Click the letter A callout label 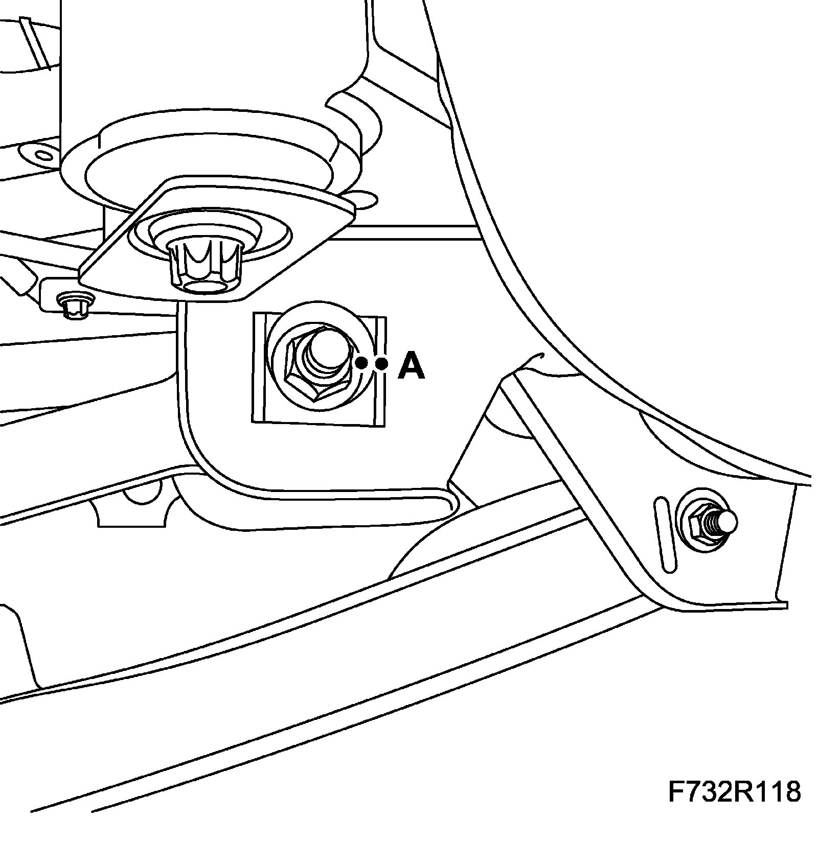pyautogui.click(x=411, y=366)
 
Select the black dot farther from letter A pyautogui.click(x=361, y=363)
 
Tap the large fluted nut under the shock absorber pyautogui.click(x=204, y=266)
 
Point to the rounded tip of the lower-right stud pyautogui.click(x=728, y=521)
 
